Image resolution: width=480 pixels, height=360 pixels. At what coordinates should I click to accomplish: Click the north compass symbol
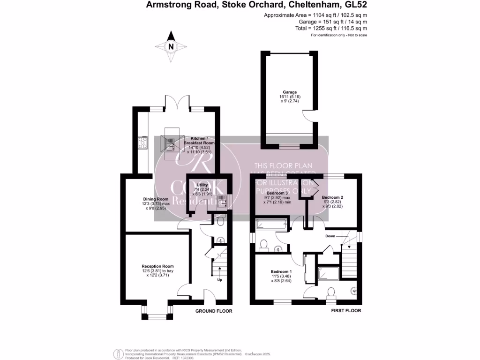[171, 46]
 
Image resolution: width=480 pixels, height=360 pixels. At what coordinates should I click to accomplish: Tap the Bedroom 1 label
[281, 271]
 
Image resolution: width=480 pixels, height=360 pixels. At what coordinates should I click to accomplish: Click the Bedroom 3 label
[277, 193]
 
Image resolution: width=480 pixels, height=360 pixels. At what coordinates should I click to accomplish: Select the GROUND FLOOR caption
[213, 311]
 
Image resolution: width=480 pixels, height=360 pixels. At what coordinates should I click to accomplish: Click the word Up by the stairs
[219, 280]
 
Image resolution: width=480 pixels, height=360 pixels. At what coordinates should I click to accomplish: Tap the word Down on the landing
[330, 236]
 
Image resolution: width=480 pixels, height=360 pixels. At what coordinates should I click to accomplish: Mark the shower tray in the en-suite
[328, 272]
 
